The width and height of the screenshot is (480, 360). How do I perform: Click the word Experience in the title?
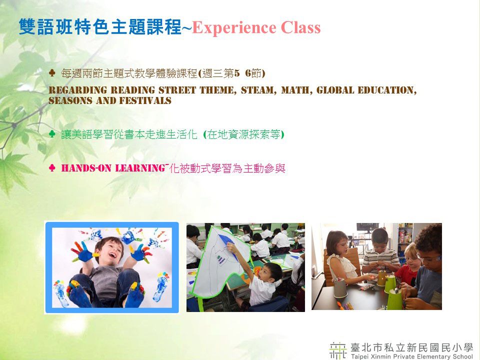(x=234, y=28)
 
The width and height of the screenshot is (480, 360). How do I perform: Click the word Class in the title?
(x=300, y=27)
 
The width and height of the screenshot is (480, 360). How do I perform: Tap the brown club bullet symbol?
(x=52, y=73)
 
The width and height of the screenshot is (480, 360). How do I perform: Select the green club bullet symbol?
(x=52, y=134)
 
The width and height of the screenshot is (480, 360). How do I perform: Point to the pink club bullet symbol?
(x=52, y=168)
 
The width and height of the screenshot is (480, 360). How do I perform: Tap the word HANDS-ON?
(x=86, y=168)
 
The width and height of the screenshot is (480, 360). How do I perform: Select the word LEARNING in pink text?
(x=140, y=168)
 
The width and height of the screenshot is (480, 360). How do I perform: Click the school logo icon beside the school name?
(x=338, y=350)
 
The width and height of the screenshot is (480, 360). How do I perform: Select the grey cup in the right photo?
(x=340, y=288)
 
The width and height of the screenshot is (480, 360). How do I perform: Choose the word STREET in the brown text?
(x=177, y=90)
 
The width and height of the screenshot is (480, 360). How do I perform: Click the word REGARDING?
(x=78, y=90)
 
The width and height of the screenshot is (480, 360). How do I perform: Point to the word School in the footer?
(x=462, y=356)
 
